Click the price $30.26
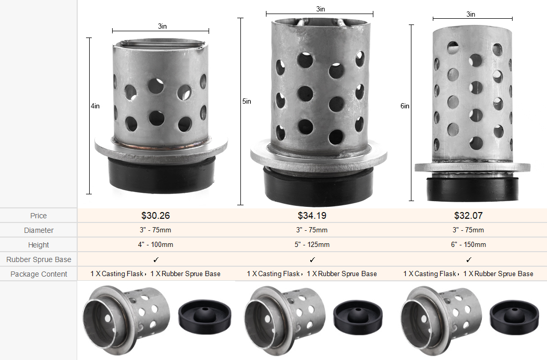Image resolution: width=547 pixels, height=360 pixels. [x=155, y=216]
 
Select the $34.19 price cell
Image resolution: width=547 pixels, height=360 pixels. [x=312, y=216]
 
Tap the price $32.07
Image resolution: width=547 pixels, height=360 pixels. [x=468, y=216]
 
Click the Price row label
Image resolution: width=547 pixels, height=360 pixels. [x=39, y=216]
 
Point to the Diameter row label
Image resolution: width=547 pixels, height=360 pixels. [x=39, y=230]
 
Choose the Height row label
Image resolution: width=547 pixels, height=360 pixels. [x=39, y=245]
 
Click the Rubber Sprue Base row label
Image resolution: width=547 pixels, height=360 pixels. [x=39, y=259]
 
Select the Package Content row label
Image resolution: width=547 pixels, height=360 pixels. [x=39, y=274]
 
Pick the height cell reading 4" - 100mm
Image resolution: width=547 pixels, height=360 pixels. [x=155, y=245]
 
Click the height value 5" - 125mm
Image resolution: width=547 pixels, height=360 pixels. [x=312, y=245]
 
